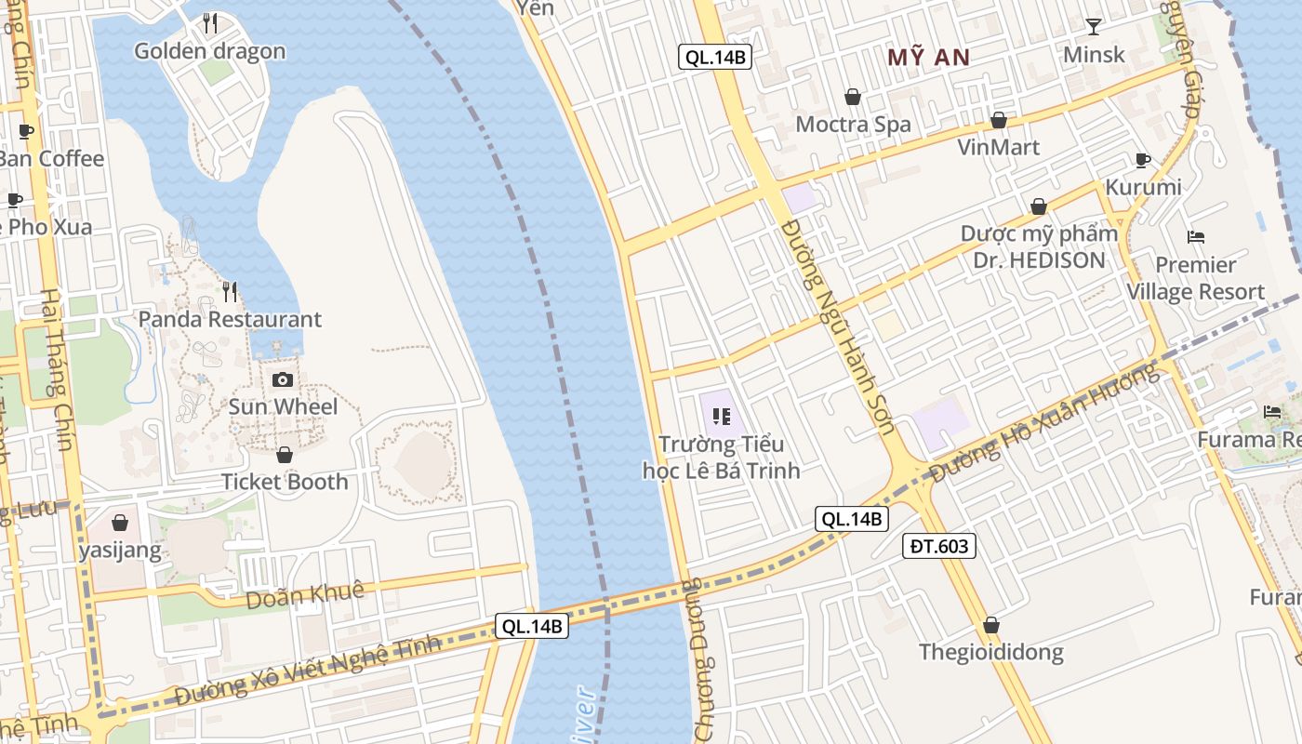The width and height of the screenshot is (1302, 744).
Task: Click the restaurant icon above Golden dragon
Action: [x=210, y=23]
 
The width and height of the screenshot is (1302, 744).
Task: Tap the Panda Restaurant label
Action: [x=230, y=319]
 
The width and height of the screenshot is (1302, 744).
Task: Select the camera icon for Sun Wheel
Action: [x=283, y=379]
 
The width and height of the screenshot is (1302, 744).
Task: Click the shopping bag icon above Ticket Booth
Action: [x=285, y=455]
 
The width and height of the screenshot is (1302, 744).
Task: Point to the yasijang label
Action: [x=120, y=551]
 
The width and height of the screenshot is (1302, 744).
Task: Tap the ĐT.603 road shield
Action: [x=938, y=546]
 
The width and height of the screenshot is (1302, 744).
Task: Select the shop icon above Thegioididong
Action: [x=991, y=625]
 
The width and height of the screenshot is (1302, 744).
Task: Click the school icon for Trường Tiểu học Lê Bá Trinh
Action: [x=721, y=416]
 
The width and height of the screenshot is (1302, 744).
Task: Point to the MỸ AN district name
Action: [x=928, y=58]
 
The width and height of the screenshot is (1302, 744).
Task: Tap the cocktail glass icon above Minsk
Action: [x=1094, y=27]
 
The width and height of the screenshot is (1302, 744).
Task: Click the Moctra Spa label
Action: [x=853, y=124]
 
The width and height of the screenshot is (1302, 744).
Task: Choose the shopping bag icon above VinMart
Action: [x=999, y=121]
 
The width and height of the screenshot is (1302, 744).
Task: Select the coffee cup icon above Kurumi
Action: [x=1143, y=161]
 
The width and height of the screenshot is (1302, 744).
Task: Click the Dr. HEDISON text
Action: [x=1039, y=260]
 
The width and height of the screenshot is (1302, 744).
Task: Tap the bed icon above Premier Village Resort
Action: [x=1196, y=237]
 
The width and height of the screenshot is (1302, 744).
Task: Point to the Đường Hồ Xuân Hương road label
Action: [x=1045, y=423]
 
